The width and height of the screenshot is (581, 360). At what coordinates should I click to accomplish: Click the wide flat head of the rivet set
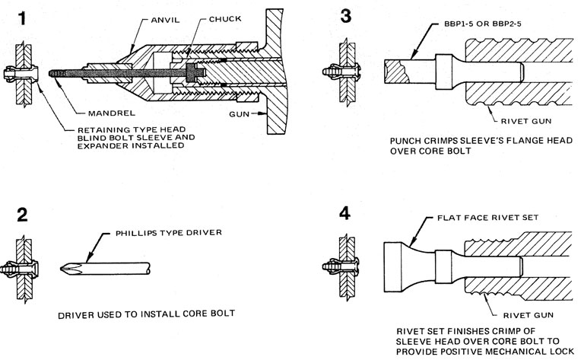pos(392,266)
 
